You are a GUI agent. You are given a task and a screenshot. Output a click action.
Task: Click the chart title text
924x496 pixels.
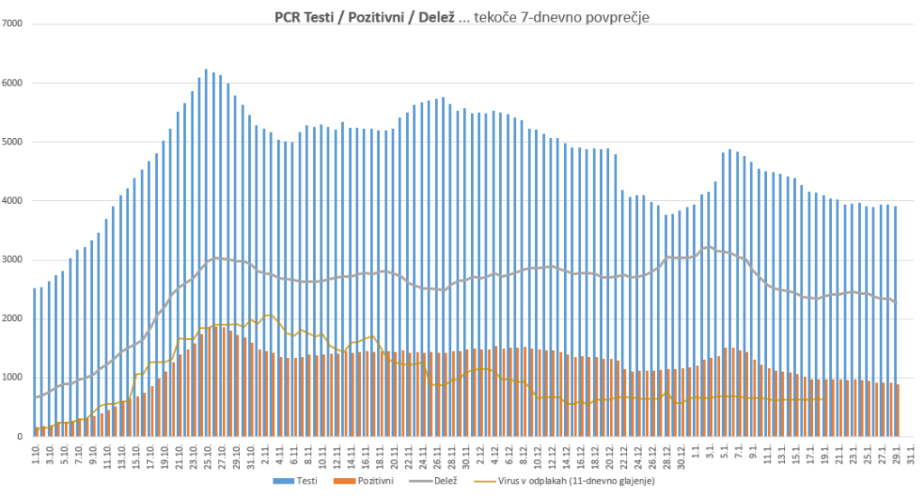[461, 16]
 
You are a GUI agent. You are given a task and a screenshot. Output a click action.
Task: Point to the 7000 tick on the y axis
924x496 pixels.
[12, 23]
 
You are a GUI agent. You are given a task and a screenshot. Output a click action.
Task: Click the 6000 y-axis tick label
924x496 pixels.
[12, 83]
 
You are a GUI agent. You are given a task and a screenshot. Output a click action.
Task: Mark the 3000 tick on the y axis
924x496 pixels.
[12, 260]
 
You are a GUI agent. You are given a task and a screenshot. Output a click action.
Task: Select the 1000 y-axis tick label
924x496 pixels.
[12, 378]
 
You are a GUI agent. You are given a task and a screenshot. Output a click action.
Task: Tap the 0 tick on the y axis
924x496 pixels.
[19, 436]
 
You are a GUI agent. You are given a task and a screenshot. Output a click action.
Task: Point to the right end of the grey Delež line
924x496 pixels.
[895, 302]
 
